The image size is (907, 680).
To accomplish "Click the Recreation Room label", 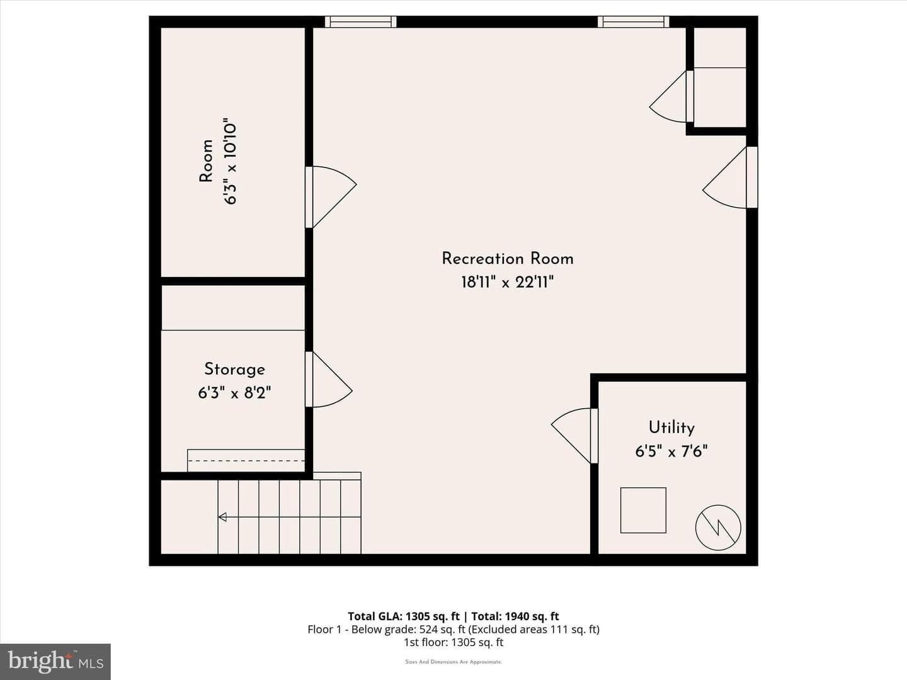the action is [x=508, y=259].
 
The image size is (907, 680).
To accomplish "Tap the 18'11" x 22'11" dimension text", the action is [x=508, y=283].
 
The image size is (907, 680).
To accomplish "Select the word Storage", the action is [x=234, y=370].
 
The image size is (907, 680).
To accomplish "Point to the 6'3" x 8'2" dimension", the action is [x=234, y=393].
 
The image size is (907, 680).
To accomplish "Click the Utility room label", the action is [x=671, y=428].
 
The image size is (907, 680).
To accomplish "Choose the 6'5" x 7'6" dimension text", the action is [x=671, y=451].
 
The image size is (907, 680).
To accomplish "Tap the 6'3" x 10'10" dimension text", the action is [x=230, y=164].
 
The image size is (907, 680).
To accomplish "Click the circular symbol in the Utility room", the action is [x=718, y=528].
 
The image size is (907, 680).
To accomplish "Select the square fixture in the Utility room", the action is [x=643, y=510].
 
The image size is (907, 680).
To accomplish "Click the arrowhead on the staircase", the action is [x=222, y=517].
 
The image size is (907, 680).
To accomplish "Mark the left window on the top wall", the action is [x=360, y=22].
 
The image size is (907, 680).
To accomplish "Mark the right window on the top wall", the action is [x=633, y=22].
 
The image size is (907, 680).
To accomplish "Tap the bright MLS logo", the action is [x=55, y=662].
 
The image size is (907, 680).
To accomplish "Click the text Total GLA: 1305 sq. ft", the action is [x=404, y=616].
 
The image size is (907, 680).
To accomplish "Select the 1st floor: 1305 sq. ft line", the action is [x=453, y=642].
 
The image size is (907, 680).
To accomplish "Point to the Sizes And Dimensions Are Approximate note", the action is [x=453, y=662].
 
